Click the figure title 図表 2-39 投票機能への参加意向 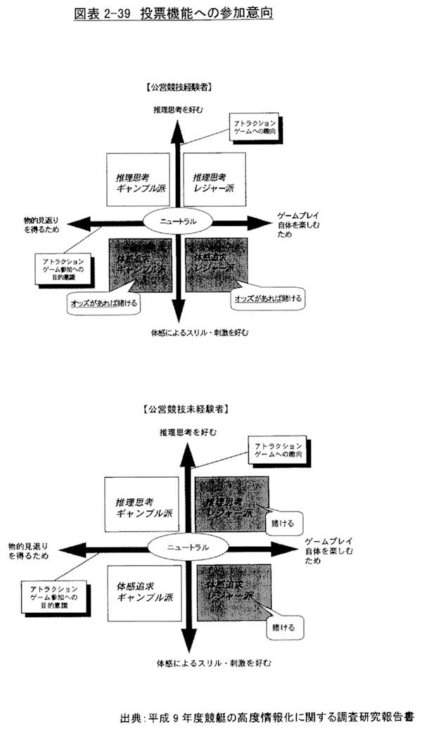click(173, 13)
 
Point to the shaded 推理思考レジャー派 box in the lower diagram click(226, 507)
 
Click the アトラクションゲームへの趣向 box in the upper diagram click(255, 126)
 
